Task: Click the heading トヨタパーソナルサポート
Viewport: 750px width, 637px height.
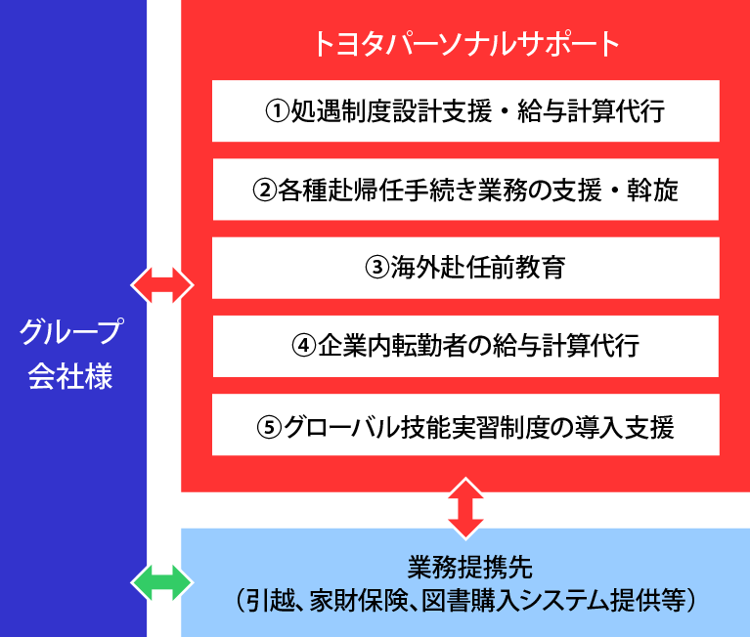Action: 465,43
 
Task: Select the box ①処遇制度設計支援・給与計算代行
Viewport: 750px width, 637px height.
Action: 465,111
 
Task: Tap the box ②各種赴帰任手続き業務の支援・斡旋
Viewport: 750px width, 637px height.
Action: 465,190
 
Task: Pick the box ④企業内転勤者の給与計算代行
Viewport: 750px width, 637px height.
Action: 465,346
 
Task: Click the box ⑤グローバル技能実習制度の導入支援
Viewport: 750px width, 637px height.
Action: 465,425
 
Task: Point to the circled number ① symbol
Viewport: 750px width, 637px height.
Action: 279,111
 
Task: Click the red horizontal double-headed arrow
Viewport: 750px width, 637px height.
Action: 163,284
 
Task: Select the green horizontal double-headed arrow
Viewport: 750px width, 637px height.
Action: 163,583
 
